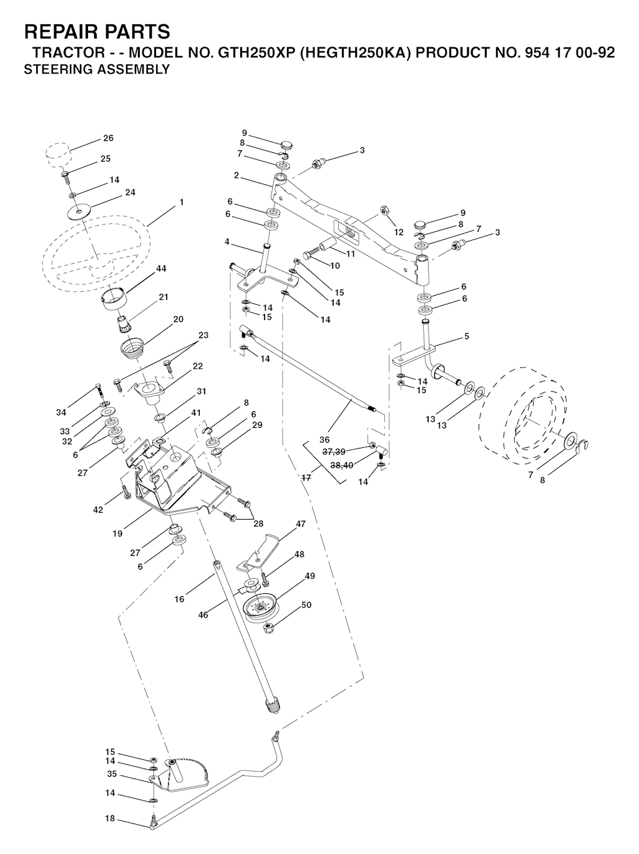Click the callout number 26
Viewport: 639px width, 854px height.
108,138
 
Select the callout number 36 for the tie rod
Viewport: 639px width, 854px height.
324,440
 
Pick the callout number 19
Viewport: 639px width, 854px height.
117,534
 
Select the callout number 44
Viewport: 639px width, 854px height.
161,269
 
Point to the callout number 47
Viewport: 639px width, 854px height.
300,524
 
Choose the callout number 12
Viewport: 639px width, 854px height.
398,232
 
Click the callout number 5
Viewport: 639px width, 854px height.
467,336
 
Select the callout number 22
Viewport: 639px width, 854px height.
198,366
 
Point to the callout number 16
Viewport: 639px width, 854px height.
179,599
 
